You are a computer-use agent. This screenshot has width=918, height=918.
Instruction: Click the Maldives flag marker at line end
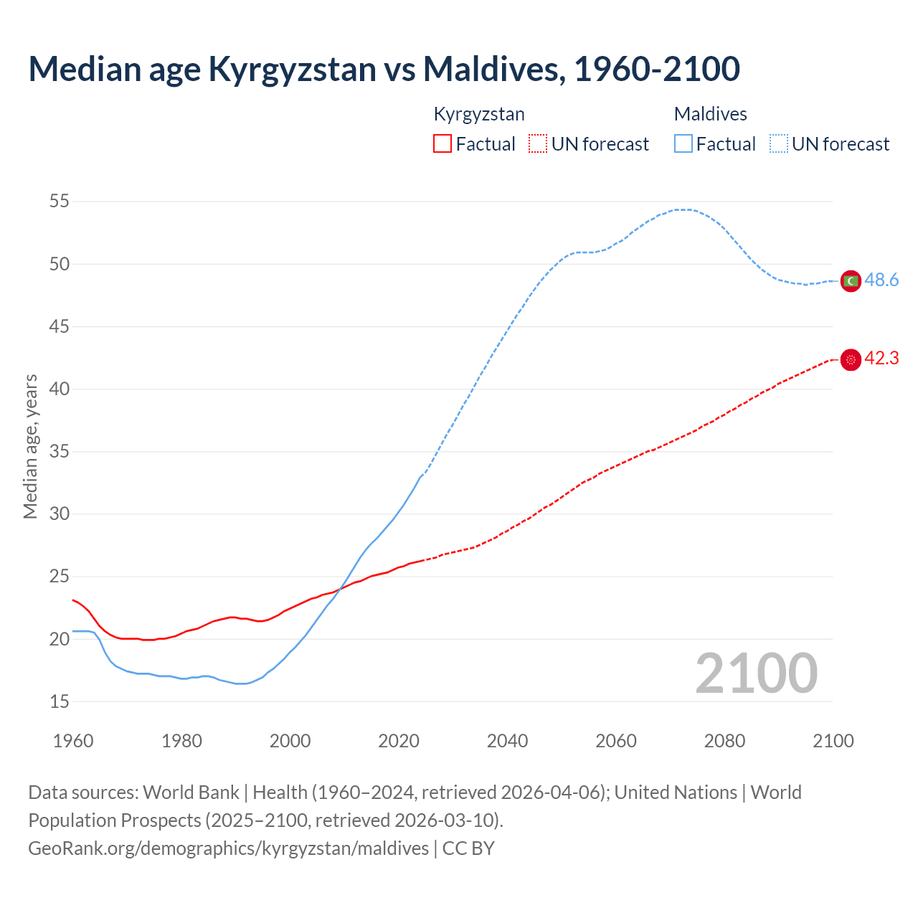point(851,281)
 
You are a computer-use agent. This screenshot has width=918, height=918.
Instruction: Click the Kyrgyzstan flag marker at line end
point(851,359)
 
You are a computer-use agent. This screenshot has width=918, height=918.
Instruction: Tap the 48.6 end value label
point(881,280)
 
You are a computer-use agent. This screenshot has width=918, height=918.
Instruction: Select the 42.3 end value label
point(881,359)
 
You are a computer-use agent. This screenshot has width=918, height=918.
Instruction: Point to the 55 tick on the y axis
point(60,202)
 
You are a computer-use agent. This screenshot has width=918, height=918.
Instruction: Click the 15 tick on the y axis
point(60,701)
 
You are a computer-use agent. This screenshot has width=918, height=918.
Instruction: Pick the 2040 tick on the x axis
point(507,741)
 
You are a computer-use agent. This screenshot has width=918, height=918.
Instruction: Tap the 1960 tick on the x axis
point(73,741)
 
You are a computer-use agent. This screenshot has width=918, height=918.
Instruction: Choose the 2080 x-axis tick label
point(724,741)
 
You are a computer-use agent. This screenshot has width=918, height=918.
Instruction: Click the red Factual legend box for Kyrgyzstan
point(443,144)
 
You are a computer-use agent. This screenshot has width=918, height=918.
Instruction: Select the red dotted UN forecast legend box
point(538,144)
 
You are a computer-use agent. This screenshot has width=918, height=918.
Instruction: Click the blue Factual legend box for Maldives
point(683,144)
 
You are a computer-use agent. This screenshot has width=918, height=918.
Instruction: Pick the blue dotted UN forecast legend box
point(779,144)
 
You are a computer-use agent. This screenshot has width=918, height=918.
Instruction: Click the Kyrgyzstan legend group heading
point(479,114)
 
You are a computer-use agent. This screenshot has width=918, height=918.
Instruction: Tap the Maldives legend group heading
point(710,114)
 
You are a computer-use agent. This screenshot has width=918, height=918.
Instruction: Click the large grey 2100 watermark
point(757,673)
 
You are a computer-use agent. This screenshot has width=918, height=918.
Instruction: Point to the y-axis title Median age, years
point(30,446)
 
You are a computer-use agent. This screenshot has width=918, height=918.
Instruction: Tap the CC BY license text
point(468,848)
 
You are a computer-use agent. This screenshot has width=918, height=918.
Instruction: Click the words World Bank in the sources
point(191,792)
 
